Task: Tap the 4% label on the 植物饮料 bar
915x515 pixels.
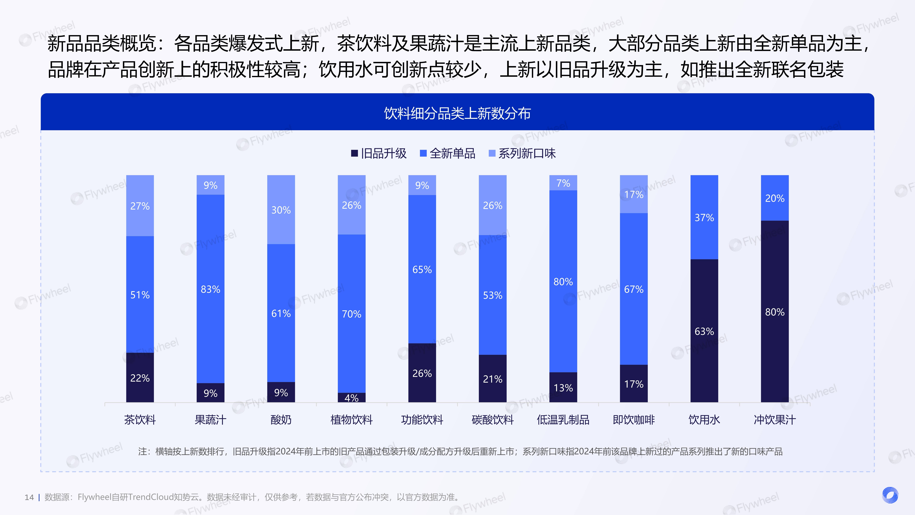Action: coord(351,398)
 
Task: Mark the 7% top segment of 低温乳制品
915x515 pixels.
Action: coord(563,183)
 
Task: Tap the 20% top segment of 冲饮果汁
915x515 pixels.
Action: coord(775,198)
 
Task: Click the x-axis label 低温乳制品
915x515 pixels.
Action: coord(563,420)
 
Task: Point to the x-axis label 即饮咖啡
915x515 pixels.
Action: coord(634,420)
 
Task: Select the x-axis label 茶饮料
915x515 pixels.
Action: coord(140,420)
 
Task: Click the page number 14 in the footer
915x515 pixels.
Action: coord(29,497)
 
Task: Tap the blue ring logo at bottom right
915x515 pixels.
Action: coord(890,495)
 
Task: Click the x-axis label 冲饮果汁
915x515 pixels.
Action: coord(775,420)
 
